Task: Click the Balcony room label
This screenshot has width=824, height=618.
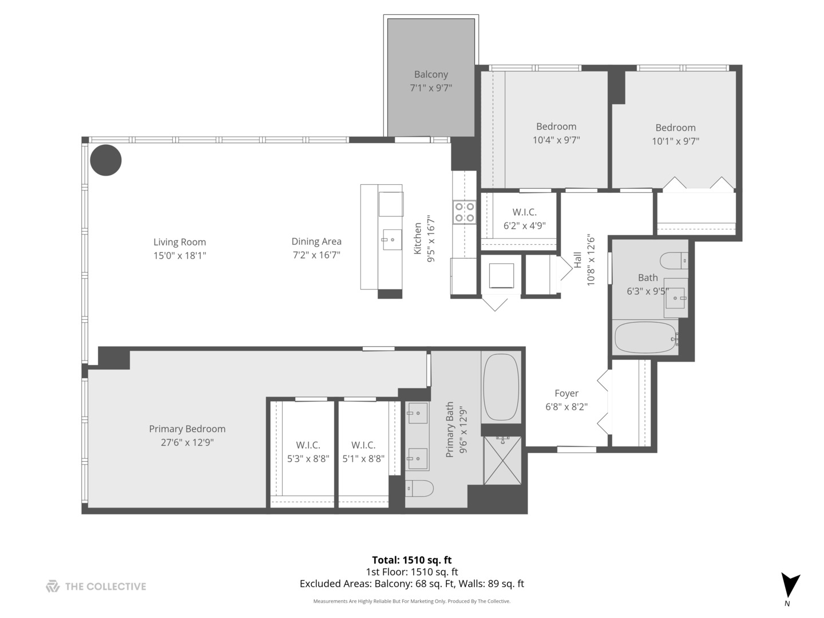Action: [431, 74]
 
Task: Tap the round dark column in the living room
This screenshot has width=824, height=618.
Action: [106, 160]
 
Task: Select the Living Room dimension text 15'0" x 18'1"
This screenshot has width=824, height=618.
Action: [179, 256]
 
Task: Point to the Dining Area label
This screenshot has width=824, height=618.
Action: [316, 241]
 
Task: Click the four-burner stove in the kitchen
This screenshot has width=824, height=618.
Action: [464, 212]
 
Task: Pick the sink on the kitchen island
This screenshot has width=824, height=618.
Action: [392, 240]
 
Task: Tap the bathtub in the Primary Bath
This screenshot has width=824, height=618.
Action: [501, 387]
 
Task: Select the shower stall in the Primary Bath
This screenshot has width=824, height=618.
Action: [502, 460]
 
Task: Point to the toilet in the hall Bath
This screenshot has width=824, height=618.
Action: [674, 261]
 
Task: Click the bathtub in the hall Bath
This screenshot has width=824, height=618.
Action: [645, 338]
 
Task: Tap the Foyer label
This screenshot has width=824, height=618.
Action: [566, 393]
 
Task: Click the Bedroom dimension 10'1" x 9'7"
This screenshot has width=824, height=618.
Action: [675, 141]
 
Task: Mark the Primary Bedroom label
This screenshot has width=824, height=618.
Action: [187, 429]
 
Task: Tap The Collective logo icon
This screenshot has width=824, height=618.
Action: [53, 586]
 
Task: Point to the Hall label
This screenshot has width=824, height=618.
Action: [577, 260]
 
